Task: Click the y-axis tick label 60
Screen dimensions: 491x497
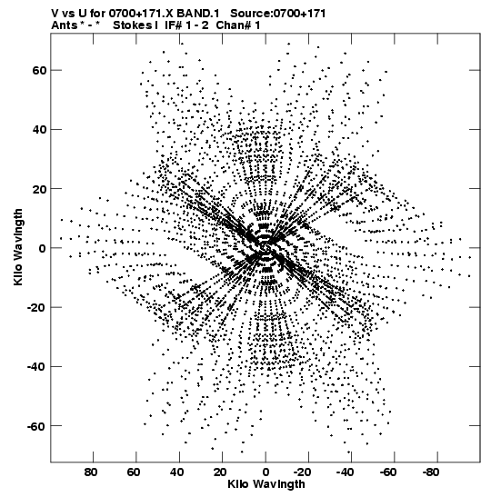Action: (39, 70)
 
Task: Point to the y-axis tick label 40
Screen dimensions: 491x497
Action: (39, 129)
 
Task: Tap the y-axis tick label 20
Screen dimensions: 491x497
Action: (39, 189)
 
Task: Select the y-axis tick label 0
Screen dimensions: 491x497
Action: (43, 248)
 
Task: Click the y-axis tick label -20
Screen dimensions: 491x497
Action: (36, 307)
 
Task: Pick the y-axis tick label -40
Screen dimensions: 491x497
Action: (36, 367)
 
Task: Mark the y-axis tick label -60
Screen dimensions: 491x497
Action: (36, 426)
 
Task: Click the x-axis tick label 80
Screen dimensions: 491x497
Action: (91, 472)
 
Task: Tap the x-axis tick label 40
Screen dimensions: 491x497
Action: (176, 472)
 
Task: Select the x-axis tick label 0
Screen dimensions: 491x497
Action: (266, 472)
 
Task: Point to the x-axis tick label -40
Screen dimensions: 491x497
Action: (345, 472)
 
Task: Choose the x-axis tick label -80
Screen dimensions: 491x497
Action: (431, 472)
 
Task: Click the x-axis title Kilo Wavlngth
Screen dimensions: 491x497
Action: (266, 484)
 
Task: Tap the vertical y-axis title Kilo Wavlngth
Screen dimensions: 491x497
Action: (18, 247)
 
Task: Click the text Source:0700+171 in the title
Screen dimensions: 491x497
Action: (278, 14)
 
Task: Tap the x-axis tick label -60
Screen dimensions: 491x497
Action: (388, 472)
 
